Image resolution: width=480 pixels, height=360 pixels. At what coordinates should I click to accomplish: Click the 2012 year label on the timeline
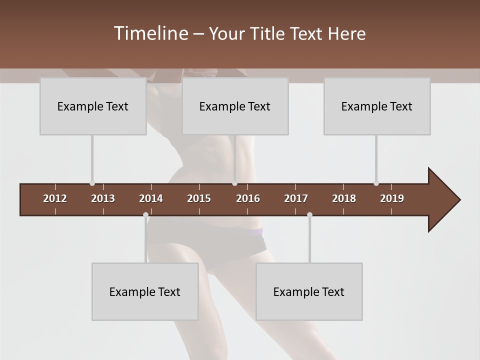[55, 198]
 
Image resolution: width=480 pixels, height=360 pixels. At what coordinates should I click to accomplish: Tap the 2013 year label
[103, 198]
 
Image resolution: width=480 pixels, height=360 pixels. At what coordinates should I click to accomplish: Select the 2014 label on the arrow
[151, 198]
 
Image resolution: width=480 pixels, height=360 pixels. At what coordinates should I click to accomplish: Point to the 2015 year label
[199, 198]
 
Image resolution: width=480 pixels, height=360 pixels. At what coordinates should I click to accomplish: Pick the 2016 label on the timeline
[248, 198]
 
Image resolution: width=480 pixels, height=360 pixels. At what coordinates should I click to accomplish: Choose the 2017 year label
[296, 198]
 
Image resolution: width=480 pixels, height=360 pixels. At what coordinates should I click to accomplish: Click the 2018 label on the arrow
[344, 198]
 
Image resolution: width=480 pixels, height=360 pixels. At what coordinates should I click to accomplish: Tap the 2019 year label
[392, 198]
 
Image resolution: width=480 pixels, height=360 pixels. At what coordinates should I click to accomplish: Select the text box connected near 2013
[93, 106]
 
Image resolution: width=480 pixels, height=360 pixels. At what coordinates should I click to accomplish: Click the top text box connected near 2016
[235, 106]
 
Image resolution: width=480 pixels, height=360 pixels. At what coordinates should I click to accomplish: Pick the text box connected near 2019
[377, 106]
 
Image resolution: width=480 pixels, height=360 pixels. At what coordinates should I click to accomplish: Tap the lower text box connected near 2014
[145, 292]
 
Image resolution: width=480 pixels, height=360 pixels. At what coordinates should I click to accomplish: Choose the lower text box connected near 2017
[309, 292]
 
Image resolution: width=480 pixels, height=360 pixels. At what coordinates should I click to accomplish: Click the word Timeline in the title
[150, 33]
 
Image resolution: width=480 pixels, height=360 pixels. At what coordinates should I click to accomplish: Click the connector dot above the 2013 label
[92, 183]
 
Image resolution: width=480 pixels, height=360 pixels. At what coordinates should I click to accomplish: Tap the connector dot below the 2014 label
[145, 215]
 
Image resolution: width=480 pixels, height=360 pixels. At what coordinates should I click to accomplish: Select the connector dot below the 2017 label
[309, 215]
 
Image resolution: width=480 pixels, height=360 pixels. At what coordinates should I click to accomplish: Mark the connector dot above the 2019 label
[376, 183]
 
